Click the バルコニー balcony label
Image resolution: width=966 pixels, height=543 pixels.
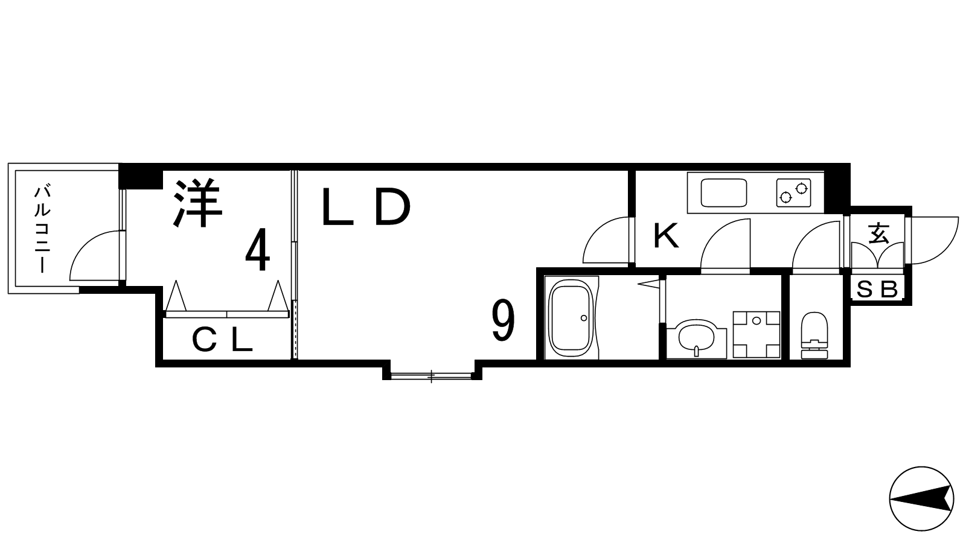pos(42,229)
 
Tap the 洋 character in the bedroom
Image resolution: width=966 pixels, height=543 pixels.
pos(198,203)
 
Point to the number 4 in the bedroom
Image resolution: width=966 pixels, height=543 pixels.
pos(257,250)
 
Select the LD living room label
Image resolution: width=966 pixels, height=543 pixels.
pos(365,208)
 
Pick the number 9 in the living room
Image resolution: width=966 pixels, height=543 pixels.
pos(504,321)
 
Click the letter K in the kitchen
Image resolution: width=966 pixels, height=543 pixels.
pos(667,236)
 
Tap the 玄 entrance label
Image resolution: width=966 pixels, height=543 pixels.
pos(878,233)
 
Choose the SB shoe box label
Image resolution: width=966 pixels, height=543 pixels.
pos(877,290)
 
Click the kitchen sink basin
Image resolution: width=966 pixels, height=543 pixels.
pos(724,192)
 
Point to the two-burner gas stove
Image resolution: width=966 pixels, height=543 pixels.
pos(793,192)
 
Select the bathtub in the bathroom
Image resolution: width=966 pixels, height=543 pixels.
pos(572,317)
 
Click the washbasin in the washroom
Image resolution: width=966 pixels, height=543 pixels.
pos(696,338)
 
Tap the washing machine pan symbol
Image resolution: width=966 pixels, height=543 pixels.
pos(756,334)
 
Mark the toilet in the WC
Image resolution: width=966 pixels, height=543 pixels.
pos(814,335)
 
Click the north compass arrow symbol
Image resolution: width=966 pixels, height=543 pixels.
pos(921,499)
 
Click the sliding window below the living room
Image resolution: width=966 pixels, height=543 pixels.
pos(431,376)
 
